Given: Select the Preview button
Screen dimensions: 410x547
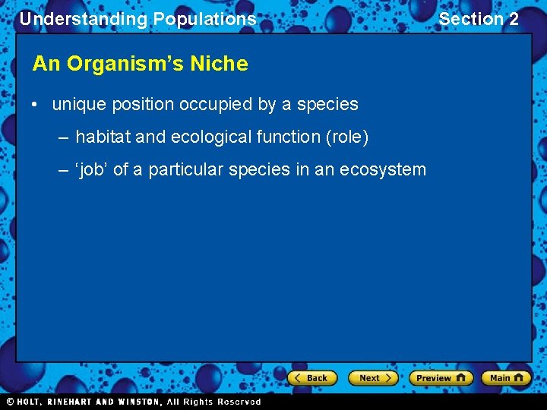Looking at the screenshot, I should tap(440, 378).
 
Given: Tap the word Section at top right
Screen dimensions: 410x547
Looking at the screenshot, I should tap(471, 19).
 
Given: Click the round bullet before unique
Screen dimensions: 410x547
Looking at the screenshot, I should tap(36, 105).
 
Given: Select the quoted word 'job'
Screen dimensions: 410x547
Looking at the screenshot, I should tap(92, 170).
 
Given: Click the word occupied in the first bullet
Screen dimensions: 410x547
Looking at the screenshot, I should tap(216, 105).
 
